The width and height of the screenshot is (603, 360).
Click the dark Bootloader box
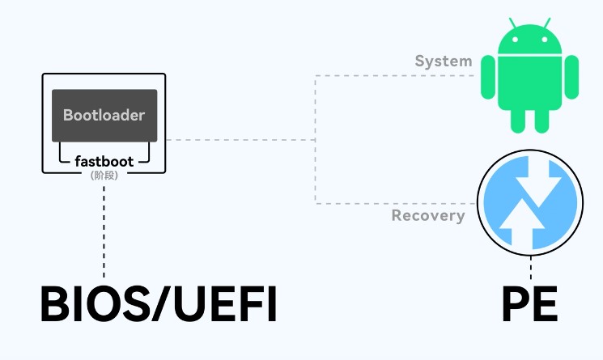(104, 116)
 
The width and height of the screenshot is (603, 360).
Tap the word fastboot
(104, 161)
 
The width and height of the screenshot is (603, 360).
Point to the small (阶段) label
(104, 174)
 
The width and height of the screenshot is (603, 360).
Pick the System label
(444, 61)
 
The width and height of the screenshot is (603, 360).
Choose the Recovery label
(428, 216)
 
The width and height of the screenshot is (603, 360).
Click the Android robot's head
(529, 40)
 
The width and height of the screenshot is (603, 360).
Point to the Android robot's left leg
(518, 120)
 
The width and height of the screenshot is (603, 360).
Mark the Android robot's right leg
(541, 120)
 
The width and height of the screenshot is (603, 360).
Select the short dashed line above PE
(531, 266)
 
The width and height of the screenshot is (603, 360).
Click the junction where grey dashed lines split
(316, 140)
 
